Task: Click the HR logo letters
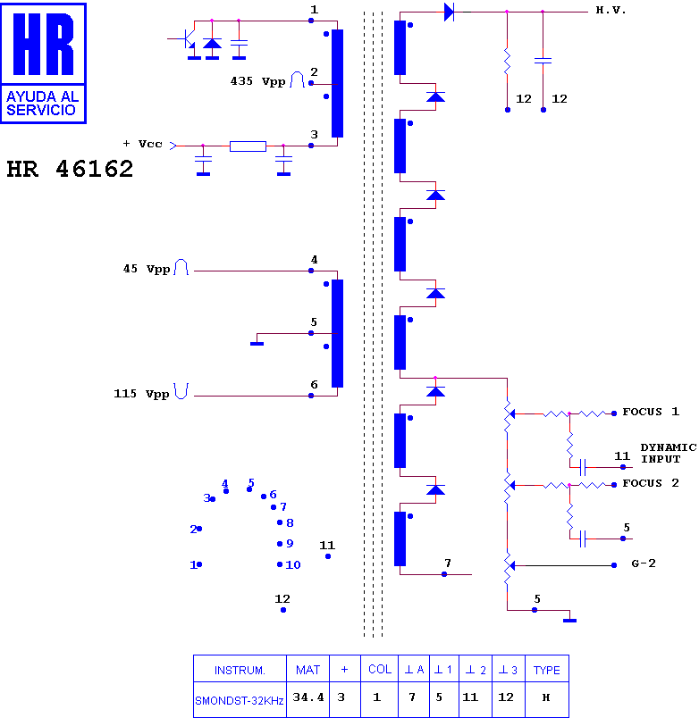43,44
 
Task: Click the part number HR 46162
70,169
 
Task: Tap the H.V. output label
611,10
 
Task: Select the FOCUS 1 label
651,412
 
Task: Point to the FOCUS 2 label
651,483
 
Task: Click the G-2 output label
644,564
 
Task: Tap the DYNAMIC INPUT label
669,453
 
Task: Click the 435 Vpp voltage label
257,81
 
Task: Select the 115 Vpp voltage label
141,394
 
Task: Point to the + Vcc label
142,144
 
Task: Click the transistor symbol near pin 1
188,40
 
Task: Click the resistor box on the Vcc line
248,146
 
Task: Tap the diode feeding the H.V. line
450,12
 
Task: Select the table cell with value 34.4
308,697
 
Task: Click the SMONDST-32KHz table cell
240,701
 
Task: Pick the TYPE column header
547,670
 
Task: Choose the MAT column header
308,670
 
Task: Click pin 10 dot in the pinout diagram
280,564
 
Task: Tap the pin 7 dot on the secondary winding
444,574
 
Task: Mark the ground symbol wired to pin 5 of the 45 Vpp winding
257,344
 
